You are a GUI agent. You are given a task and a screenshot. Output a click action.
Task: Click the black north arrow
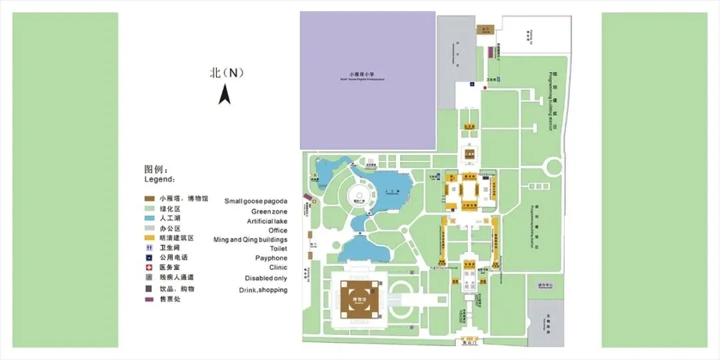coord(225,96)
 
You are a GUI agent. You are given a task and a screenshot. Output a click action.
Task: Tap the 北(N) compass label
coord(227,73)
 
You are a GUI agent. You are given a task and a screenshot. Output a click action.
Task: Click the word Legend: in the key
coord(160,179)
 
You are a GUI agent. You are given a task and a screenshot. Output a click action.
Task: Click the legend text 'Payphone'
coord(271,258)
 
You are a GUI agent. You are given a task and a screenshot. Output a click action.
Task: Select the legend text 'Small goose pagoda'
coord(256,201)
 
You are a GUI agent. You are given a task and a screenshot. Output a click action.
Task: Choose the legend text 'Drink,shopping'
coord(263,290)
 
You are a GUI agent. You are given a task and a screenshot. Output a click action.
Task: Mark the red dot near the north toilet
coord(484,87)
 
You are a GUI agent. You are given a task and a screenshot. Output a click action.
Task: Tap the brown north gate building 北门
coord(483,29)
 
